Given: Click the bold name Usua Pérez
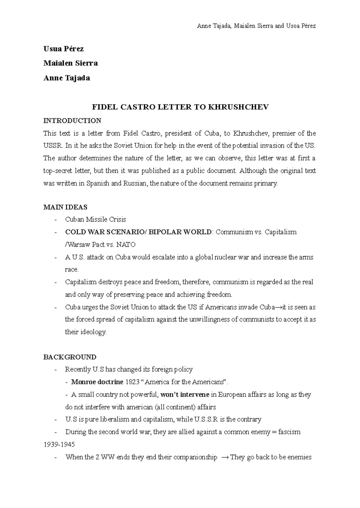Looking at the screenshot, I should [63, 49].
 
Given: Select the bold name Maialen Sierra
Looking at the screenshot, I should [70, 64].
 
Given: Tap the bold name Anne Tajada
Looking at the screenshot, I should [67, 78].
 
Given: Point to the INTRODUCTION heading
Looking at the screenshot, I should [72, 121].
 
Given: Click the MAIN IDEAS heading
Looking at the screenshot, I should [65, 207].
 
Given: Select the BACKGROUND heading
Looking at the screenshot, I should [70, 357].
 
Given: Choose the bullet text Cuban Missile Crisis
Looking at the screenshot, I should [95, 220].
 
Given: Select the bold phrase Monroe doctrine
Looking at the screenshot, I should [97, 382].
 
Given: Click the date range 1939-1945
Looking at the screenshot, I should [59, 444].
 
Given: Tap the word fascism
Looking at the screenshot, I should [289, 432].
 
